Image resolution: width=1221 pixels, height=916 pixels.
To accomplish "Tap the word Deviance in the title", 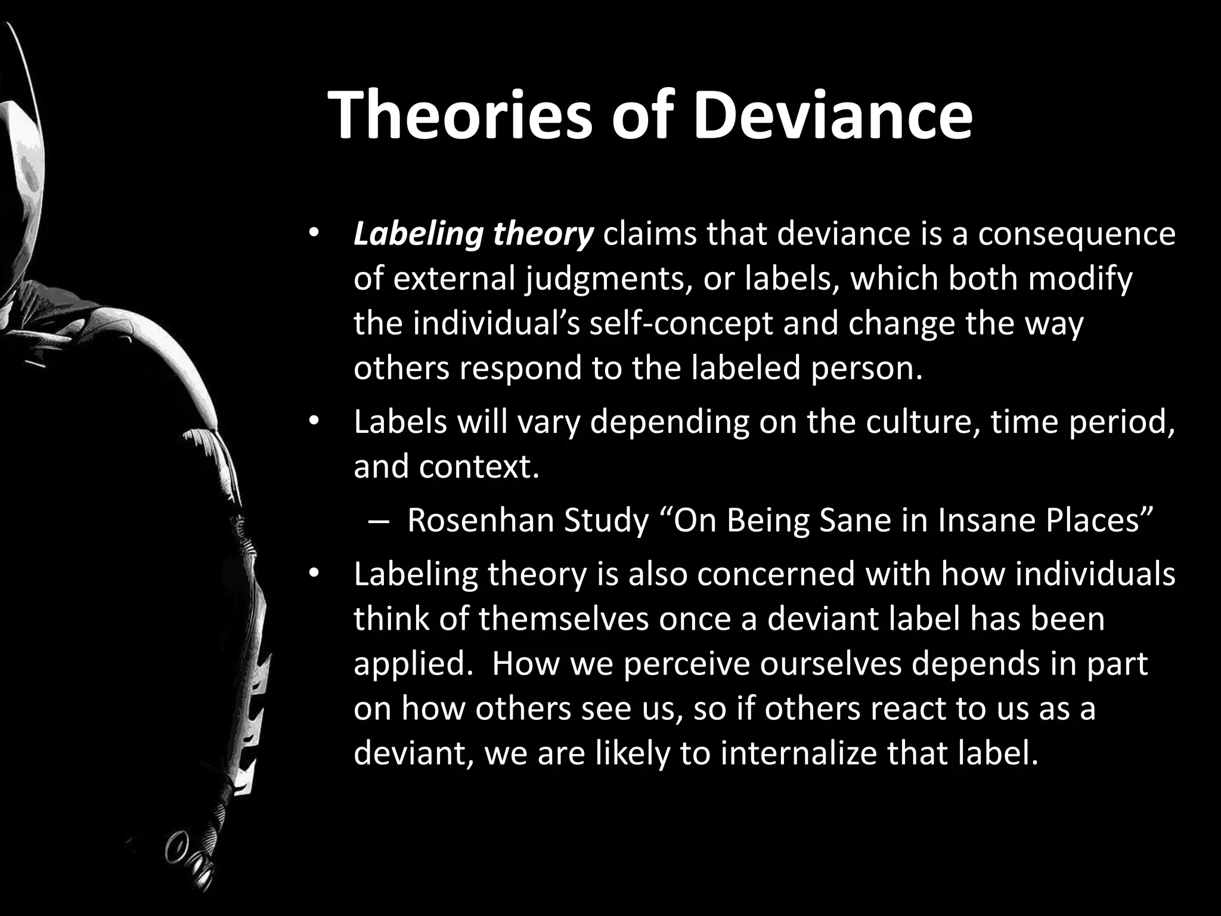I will click(832, 115).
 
